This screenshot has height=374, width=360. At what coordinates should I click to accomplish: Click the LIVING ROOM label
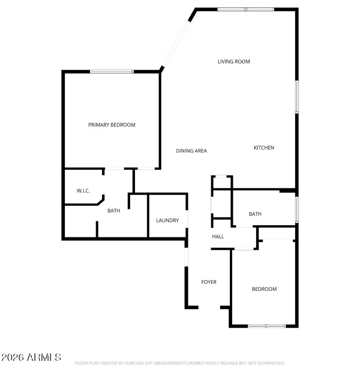point(234,62)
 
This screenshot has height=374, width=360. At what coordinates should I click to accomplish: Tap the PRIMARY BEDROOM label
point(112,125)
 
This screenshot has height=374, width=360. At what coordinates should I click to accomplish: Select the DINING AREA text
point(191,151)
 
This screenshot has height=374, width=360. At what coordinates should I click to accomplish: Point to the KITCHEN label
point(264,148)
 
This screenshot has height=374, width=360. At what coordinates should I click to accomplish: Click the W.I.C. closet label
point(83,191)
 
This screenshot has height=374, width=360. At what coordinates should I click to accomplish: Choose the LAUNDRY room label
point(167,220)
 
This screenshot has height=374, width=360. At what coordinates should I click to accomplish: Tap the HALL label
point(218,236)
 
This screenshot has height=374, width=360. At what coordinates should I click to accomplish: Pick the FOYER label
point(208,282)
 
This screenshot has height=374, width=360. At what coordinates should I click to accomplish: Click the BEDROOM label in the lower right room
point(264,289)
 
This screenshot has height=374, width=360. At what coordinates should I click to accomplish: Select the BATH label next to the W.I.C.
point(113,210)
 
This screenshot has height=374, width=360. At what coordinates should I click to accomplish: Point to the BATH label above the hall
point(255,214)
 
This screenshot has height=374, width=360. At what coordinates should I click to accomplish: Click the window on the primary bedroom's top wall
point(112,71)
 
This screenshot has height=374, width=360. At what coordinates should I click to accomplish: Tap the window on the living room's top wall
point(246,9)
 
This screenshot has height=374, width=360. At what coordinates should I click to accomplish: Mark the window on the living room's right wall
point(297,97)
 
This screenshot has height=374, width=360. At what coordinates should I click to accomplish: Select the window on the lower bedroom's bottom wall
point(266,326)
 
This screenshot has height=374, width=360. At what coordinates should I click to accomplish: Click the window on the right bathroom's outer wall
point(297,209)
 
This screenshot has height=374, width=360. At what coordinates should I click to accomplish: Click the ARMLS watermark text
point(31,358)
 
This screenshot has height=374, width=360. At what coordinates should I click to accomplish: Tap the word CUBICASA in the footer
point(130,363)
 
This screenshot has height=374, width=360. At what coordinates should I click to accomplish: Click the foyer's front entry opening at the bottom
point(209,307)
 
